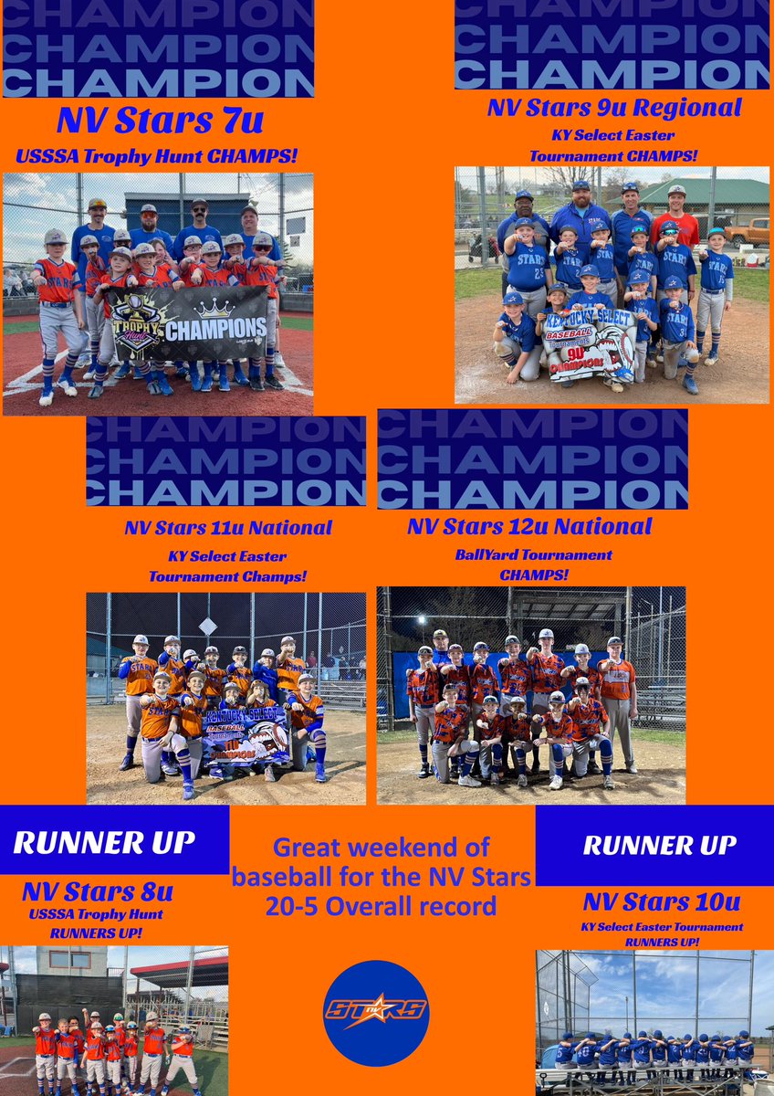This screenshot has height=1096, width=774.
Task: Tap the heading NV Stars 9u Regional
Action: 613,108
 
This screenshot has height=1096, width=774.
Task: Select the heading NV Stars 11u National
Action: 228,528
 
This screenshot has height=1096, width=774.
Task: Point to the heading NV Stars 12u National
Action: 529,526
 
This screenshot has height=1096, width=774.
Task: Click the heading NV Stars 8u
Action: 98,890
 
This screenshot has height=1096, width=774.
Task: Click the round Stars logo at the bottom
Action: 376,1013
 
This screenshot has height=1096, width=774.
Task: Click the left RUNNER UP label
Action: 103,843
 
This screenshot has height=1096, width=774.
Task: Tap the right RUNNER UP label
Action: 660,846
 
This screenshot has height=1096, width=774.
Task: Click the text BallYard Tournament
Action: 533,555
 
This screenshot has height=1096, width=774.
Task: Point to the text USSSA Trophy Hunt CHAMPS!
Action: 156,156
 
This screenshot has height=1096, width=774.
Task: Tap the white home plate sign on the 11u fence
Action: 208,626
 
